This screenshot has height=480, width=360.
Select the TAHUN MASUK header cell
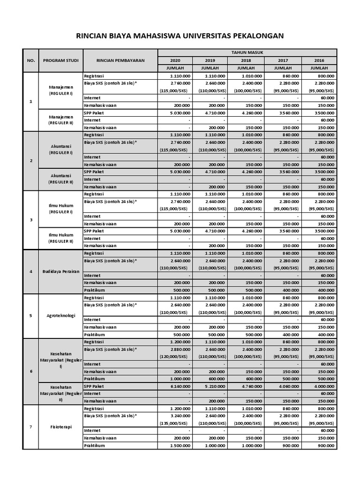tap(247, 52)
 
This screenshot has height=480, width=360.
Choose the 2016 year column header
tap(320, 60)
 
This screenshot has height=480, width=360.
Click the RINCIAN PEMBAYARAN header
tap(120, 60)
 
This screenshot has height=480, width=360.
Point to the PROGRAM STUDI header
tap(60, 60)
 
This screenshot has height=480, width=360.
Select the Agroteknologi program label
tap(60, 315)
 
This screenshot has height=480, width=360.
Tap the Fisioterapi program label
tap(60, 427)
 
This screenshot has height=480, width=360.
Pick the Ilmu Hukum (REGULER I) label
tap(60, 209)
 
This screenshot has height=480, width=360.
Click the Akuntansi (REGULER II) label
tap(60, 179)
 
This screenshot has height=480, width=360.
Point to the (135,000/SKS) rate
tap(175, 423)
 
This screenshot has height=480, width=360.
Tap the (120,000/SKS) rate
tap(175, 357)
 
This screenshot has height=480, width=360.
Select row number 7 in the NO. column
tap(31, 427)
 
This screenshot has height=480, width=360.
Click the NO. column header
tap(31, 60)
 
